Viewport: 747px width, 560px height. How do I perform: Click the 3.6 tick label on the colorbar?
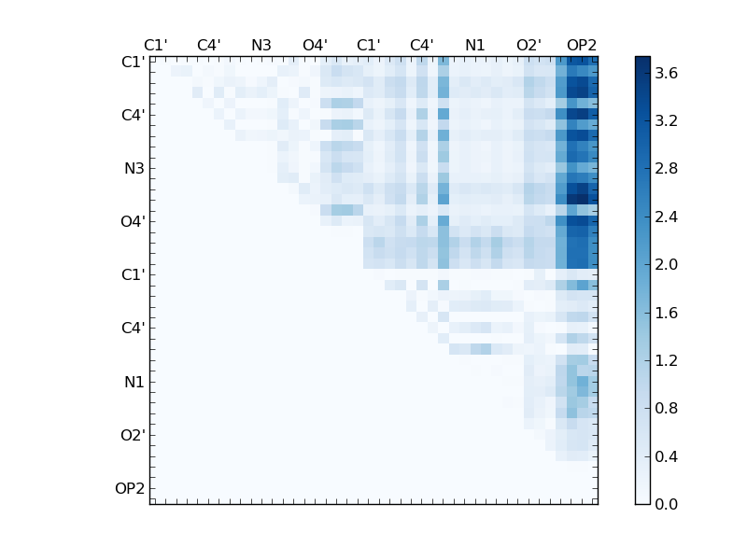pos(667,73)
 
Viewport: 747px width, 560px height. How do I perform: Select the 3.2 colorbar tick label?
pos(667,120)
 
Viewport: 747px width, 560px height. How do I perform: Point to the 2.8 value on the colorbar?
pos(667,169)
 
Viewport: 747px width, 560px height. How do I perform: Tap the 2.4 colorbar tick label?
pos(667,217)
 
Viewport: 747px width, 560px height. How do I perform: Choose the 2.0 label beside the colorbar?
pos(667,264)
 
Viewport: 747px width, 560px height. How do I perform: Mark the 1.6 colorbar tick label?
pos(667,313)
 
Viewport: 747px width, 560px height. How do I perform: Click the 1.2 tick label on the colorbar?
pos(667,360)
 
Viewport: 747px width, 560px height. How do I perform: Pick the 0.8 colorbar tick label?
pos(667,408)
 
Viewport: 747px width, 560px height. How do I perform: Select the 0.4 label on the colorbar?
pos(667,456)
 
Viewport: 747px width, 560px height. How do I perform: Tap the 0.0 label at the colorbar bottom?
pos(667,504)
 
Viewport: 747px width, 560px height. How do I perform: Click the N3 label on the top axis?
pos(261,45)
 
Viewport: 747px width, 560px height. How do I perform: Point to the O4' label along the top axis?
pos(315,45)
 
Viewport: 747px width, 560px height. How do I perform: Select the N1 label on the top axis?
pos(475,45)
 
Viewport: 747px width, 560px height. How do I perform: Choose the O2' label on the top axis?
pos(529,45)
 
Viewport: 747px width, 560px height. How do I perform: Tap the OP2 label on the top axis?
pos(582,45)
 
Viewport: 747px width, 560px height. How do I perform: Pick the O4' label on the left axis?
pos(131,222)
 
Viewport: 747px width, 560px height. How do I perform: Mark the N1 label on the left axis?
pos(134,382)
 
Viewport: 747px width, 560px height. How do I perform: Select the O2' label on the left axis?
pos(131,435)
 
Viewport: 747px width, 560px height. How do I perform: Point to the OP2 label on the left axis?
pos(129,488)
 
